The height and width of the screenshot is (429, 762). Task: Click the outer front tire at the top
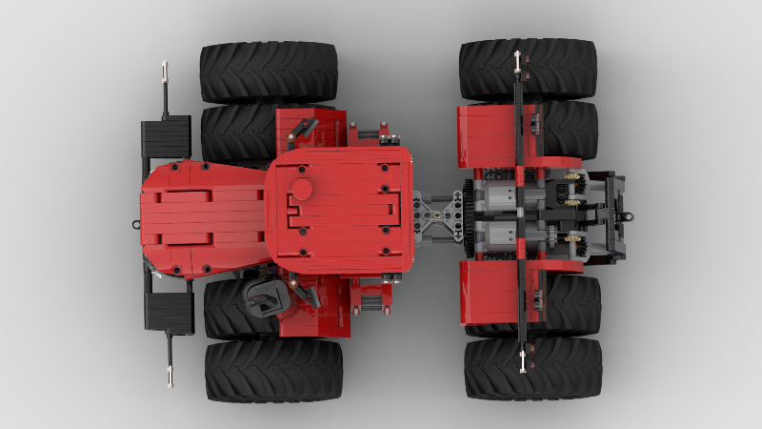point(269,71)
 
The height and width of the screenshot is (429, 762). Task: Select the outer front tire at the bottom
point(273,370)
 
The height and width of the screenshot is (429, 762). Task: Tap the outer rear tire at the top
point(529,69)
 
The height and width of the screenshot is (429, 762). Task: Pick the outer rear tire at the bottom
point(533,368)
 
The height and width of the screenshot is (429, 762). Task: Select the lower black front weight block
point(168,311)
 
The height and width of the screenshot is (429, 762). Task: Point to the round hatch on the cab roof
point(302,188)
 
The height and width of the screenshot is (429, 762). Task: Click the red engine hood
point(202,219)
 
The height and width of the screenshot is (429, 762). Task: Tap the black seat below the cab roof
point(262,299)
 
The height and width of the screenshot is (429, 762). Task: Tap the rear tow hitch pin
point(628,216)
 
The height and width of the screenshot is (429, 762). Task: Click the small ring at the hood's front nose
point(136,226)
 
